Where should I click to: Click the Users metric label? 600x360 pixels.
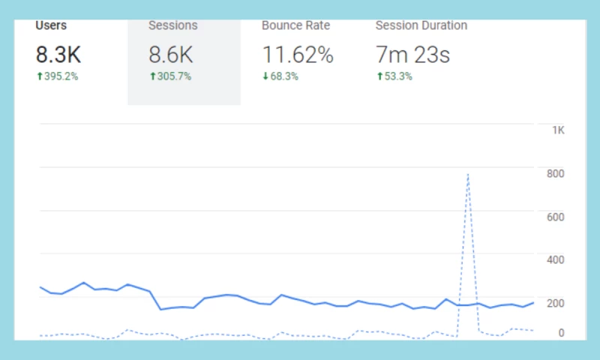(51, 25)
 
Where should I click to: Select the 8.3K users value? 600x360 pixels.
(58, 54)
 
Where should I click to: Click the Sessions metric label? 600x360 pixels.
(173, 25)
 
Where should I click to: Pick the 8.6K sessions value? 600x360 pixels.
(172, 54)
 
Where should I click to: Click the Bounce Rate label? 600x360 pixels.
(295, 25)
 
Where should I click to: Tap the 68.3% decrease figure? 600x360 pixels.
(283, 76)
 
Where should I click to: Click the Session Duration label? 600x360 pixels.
(421, 25)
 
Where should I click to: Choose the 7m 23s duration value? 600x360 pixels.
(412, 54)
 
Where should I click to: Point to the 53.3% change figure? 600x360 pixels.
(397, 76)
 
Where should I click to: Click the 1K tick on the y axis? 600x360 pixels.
(558, 130)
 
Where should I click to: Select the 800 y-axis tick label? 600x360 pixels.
(555, 173)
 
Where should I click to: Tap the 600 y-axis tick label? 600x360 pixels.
(555, 217)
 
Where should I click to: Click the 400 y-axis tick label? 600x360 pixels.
(555, 259)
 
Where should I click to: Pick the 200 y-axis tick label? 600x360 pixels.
(555, 302)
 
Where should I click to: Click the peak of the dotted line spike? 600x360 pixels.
(468, 174)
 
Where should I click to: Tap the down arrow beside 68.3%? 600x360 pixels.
(265, 76)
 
